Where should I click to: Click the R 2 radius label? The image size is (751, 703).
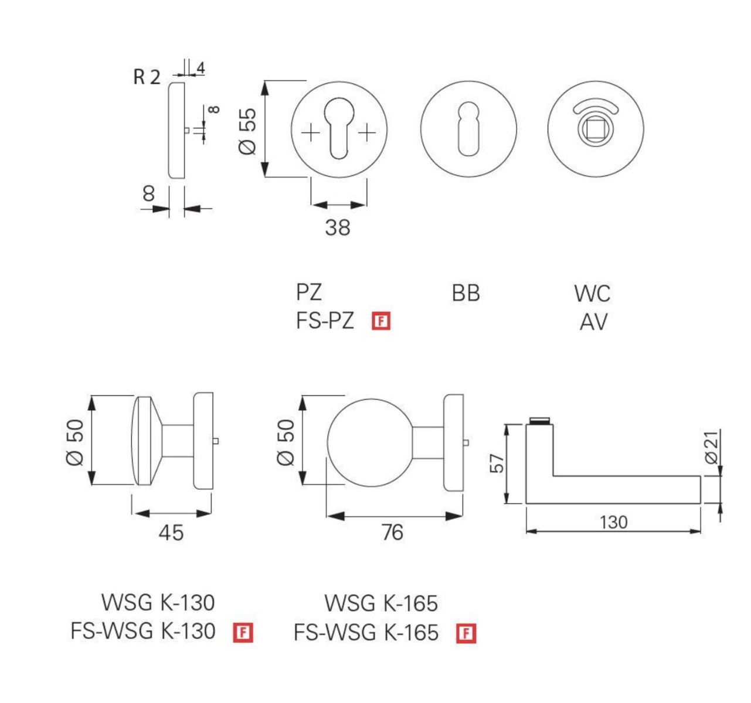[147, 77]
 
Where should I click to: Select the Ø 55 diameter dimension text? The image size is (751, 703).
[248, 130]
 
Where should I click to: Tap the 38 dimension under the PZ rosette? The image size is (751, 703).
[338, 227]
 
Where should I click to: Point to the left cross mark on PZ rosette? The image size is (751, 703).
[311, 132]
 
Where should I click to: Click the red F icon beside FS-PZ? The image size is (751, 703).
[381, 321]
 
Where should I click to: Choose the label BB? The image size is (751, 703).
[466, 293]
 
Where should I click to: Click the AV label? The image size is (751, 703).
[593, 322]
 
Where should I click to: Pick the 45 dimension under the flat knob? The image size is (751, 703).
[171, 533]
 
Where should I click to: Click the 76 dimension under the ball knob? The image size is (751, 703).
[392, 533]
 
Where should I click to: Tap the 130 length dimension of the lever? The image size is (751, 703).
[613, 521]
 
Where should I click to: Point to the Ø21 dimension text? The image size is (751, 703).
[711, 448]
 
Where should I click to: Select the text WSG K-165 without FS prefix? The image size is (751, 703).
[381, 603]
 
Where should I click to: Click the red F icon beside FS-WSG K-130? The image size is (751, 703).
[243, 633]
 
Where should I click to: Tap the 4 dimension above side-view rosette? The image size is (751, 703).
[201, 68]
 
